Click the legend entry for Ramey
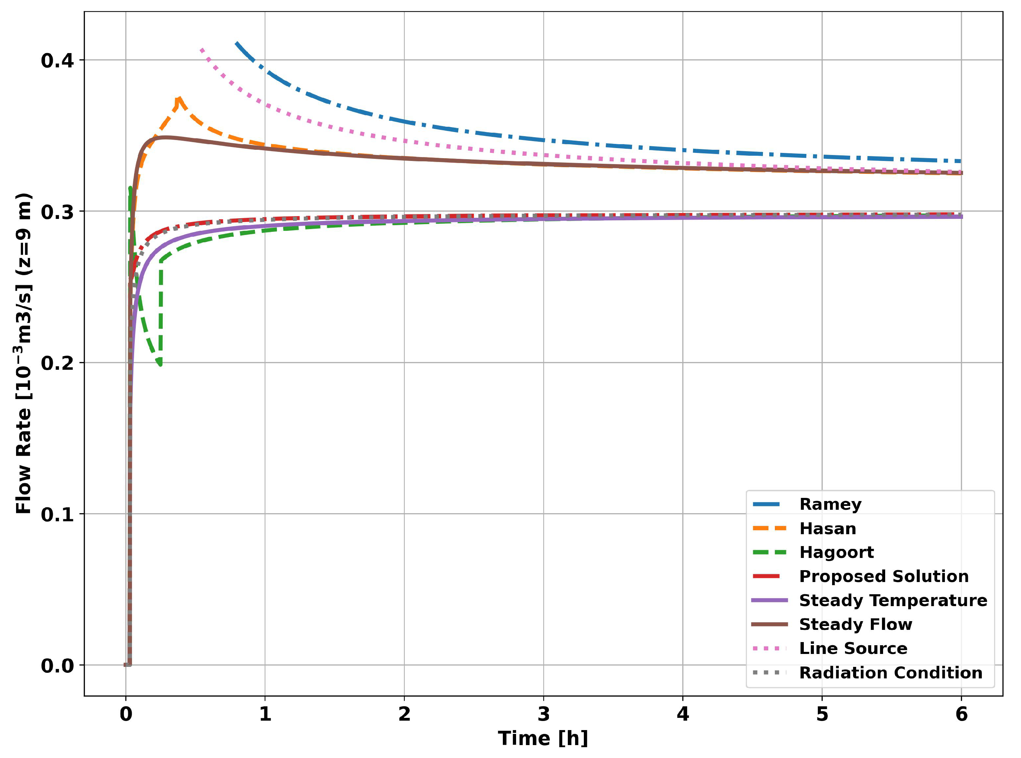830,504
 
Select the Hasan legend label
827,529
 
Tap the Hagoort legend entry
836,552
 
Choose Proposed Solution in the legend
883,576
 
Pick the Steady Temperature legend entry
893,600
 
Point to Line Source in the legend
853,648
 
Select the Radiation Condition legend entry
890,673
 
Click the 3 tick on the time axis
543,714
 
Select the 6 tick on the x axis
961,714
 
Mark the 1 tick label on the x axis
265,714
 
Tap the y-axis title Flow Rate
24,353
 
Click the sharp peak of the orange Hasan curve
178,98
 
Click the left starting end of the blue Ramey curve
236,43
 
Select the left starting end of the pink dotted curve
201,49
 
